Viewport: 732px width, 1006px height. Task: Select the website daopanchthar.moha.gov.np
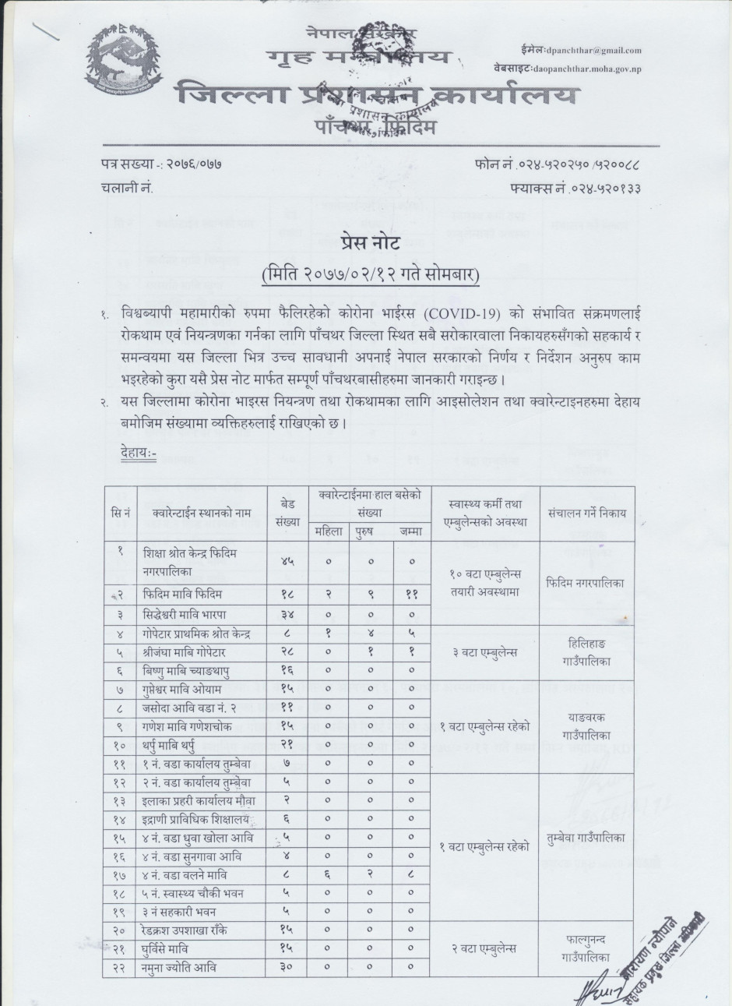click(x=598, y=69)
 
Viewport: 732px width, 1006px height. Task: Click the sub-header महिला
click(x=327, y=531)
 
